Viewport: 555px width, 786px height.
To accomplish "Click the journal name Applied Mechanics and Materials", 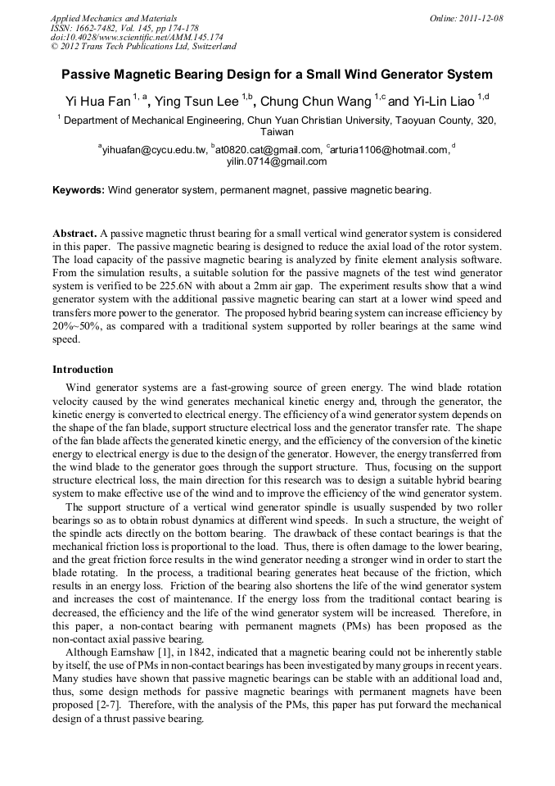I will [x=113, y=18].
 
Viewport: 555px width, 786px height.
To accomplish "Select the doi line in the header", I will [x=137, y=38].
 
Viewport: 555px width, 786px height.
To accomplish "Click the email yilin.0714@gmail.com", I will [x=276, y=161].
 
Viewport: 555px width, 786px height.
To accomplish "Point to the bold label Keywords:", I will [x=79, y=190].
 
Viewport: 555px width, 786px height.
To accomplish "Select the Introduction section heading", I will [x=83, y=370].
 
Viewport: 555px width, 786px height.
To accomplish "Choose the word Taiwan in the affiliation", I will [x=277, y=131].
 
